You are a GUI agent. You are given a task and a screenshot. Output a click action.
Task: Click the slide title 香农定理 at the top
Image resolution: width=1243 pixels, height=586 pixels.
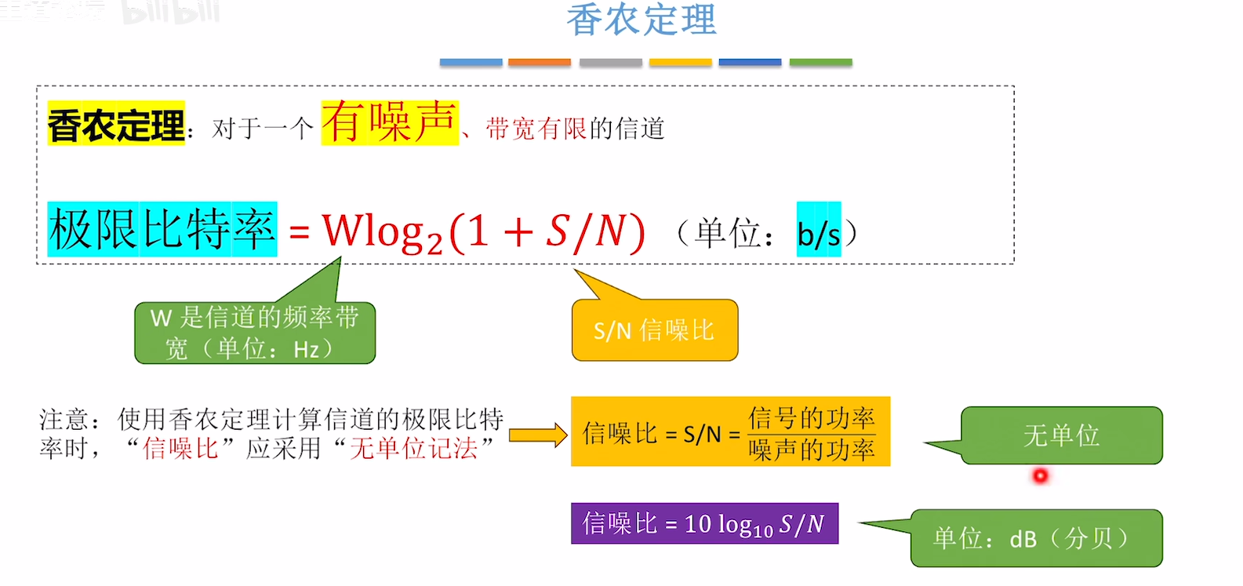(x=641, y=20)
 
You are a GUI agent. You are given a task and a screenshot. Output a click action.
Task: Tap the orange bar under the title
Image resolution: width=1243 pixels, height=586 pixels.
(x=539, y=62)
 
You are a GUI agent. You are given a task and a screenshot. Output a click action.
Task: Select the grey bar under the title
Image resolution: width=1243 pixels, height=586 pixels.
(x=610, y=62)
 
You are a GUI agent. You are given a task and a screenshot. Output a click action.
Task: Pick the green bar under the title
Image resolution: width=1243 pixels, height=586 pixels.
(x=820, y=62)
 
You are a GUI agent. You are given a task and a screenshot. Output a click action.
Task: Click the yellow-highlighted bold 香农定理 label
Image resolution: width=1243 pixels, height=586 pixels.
(x=116, y=125)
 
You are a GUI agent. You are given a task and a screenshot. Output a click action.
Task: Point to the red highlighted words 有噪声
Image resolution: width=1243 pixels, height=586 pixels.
(x=389, y=122)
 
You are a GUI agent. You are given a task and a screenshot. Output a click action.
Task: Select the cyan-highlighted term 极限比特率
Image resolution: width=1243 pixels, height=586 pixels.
(x=162, y=230)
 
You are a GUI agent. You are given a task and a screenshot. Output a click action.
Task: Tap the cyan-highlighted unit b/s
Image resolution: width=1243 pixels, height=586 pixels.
(x=819, y=233)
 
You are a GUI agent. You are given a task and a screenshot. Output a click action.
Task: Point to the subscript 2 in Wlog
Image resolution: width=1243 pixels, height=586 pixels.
(x=434, y=243)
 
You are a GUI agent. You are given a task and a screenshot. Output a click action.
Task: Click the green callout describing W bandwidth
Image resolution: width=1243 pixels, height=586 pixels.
(x=255, y=333)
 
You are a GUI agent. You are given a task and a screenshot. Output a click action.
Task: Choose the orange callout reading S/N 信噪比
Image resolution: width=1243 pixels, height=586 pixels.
(x=655, y=330)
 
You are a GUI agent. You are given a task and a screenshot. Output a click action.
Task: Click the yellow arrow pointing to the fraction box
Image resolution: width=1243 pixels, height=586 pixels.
(x=538, y=435)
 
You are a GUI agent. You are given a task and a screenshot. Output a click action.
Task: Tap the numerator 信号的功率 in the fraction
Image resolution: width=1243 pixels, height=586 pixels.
(x=811, y=417)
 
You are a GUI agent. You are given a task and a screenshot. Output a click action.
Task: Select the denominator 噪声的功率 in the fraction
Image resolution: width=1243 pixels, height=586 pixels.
(x=811, y=450)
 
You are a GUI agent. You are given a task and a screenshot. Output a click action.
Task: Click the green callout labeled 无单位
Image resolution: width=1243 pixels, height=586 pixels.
(x=1061, y=435)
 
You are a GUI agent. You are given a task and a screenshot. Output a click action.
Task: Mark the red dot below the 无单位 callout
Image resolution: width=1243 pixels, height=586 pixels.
(x=1041, y=475)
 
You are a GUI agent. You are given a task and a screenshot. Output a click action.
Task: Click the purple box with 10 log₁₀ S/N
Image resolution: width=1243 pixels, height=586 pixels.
(x=704, y=523)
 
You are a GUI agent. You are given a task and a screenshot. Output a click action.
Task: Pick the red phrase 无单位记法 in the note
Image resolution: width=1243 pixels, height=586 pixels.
(x=413, y=449)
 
